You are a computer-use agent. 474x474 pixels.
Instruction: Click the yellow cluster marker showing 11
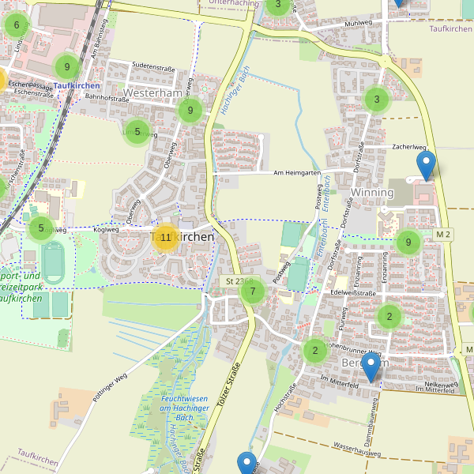tap(165, 237)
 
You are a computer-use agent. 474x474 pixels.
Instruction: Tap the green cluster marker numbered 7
tap(253, 292)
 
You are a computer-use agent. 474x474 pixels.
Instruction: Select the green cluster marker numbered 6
tap(17, 25)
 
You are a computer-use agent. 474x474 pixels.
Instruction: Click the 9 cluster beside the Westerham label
tap(190, 111)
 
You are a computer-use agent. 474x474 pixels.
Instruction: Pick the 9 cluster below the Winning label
tap(408, 243)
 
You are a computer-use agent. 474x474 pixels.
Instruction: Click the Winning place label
tap(371, 193)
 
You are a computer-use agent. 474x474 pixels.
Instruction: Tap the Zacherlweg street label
tap(408, 147)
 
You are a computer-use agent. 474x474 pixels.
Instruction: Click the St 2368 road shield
tap(238, 280)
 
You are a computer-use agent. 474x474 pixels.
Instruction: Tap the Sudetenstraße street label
tap(143, 68)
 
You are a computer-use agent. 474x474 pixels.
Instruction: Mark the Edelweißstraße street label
tap(353, 292)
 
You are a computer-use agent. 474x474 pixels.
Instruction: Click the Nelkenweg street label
tap(441, 385)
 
